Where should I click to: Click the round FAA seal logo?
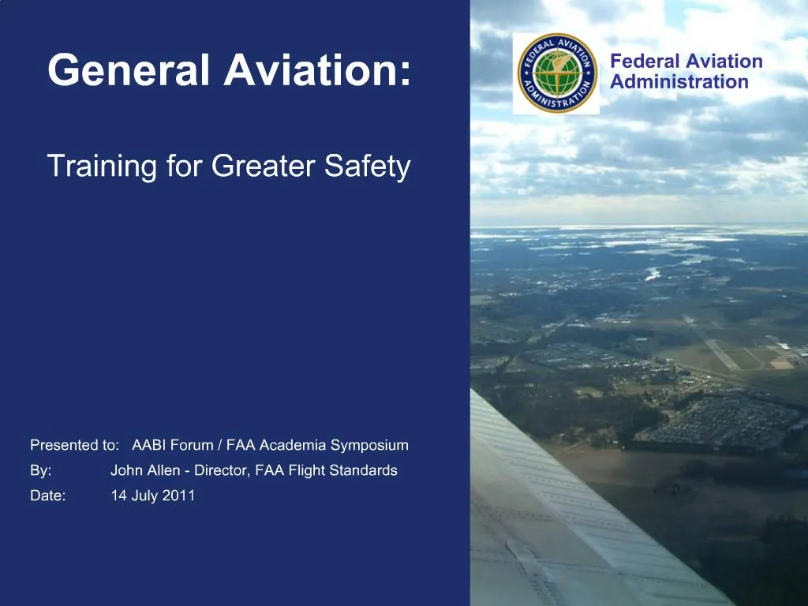coord(556,73)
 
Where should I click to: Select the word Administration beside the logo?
coord(679,82)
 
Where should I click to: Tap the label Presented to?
coord(74,445)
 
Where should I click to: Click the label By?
coord(41,471)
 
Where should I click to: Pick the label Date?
coord(47,496)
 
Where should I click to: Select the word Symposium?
coord(369,445)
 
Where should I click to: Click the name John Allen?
coord(145,471)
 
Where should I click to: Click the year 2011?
coord(179,496)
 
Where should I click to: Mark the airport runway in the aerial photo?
coord(714,344)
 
